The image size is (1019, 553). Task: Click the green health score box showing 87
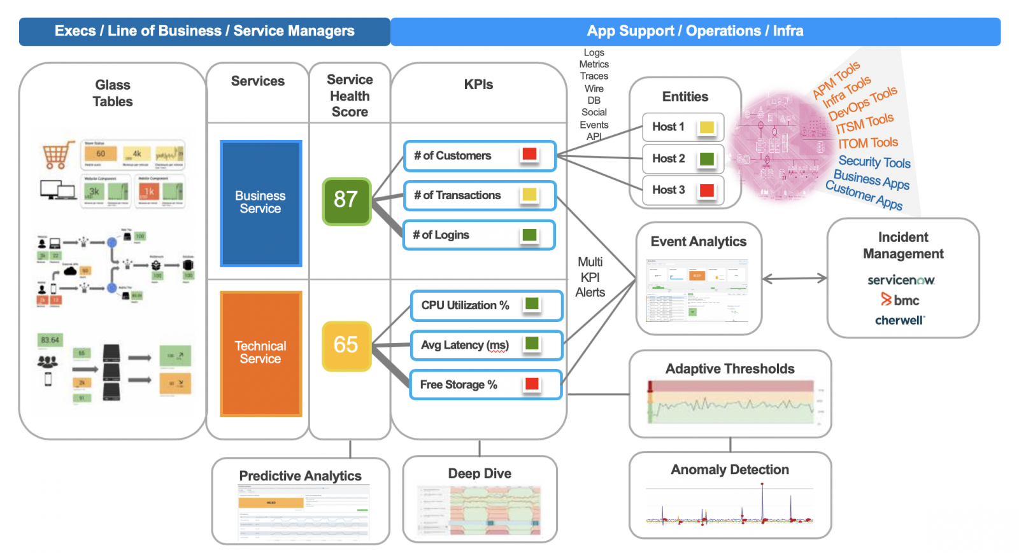346,201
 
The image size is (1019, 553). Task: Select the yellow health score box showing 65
346,346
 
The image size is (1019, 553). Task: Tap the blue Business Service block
260,203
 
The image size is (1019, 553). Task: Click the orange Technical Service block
260,353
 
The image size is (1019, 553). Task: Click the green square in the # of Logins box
529,235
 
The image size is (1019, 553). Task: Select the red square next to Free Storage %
532,384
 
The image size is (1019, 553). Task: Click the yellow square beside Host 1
707,127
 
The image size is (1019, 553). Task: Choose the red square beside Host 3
707,190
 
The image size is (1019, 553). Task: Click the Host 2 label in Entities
668,158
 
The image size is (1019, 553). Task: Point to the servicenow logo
901,280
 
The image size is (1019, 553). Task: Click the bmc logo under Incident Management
901,300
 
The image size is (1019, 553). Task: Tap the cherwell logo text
900,320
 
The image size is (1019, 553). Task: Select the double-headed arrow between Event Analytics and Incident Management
794,278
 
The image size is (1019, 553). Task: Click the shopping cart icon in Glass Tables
57,155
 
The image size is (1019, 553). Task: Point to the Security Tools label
874,162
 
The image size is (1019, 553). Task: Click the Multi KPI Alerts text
590,277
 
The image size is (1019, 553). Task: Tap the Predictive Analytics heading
300,476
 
